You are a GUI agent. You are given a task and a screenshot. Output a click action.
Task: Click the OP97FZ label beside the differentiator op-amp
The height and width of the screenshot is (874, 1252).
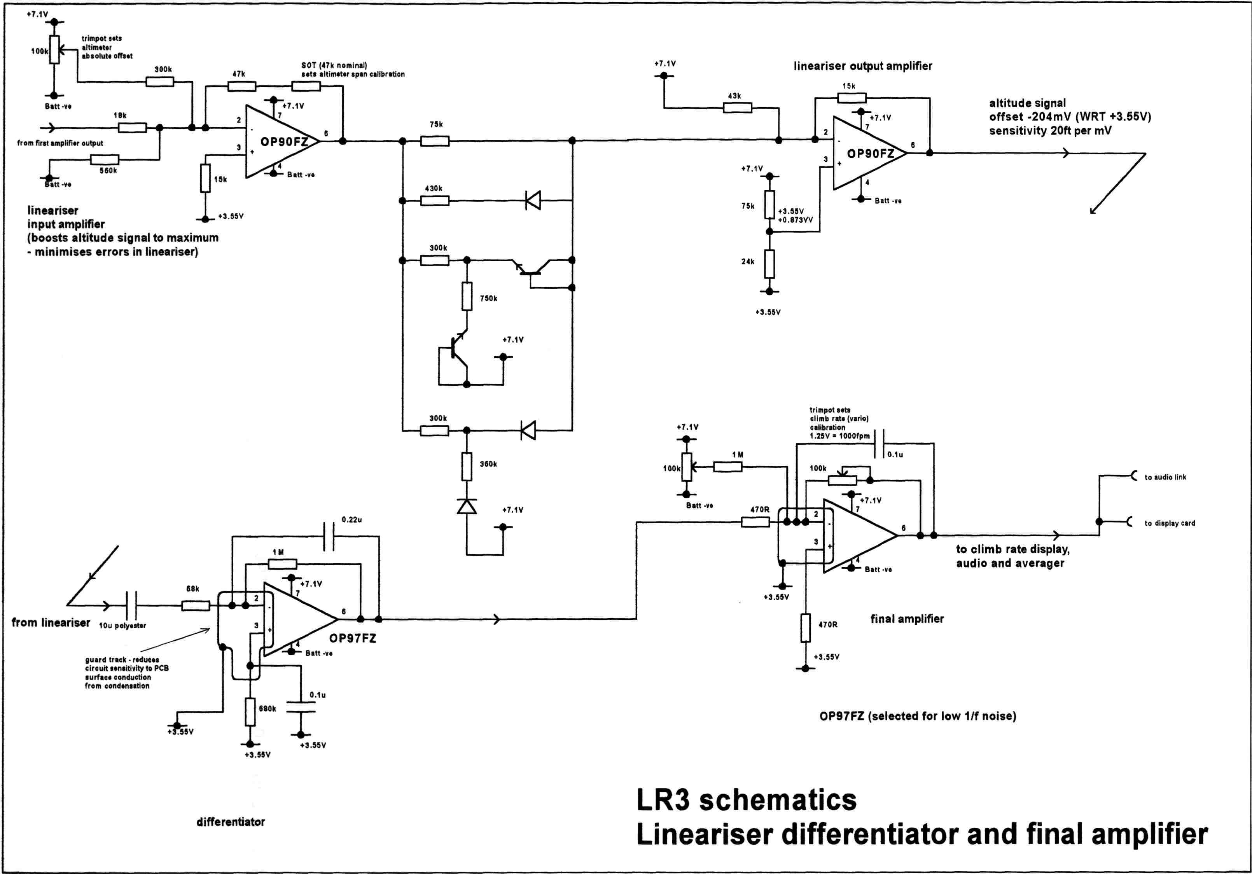point(352,638)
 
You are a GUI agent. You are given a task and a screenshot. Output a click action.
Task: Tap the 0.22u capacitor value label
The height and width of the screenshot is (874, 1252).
point(352,519)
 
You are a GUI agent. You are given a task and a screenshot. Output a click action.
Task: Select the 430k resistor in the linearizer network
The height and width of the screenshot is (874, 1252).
point(435,201)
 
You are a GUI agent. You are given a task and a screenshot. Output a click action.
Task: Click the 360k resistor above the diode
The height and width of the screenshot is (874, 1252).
point(467,467)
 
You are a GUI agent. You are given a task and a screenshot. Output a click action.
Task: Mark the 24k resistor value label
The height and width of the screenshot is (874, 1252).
point(748,262)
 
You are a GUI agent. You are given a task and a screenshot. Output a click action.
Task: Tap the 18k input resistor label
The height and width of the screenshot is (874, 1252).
point(120,115)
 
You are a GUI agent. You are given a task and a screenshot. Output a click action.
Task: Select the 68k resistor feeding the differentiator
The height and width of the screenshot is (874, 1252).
point(195,605)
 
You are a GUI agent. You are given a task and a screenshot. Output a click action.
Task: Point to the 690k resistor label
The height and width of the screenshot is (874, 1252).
point(267,709)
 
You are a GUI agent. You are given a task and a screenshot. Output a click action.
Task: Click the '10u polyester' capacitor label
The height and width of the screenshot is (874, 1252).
point(122,626)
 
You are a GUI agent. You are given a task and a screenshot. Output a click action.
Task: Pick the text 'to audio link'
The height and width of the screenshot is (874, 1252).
point(1165,477)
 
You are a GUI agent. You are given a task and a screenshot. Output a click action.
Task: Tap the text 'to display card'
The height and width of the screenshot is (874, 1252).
point(1170,523)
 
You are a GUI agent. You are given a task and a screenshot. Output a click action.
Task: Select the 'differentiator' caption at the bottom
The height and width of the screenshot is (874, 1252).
point(231,822)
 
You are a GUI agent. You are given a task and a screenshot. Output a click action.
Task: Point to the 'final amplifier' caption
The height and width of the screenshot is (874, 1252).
point(907,619)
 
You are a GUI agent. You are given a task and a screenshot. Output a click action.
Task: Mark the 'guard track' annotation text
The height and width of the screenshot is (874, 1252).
point(122,660)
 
